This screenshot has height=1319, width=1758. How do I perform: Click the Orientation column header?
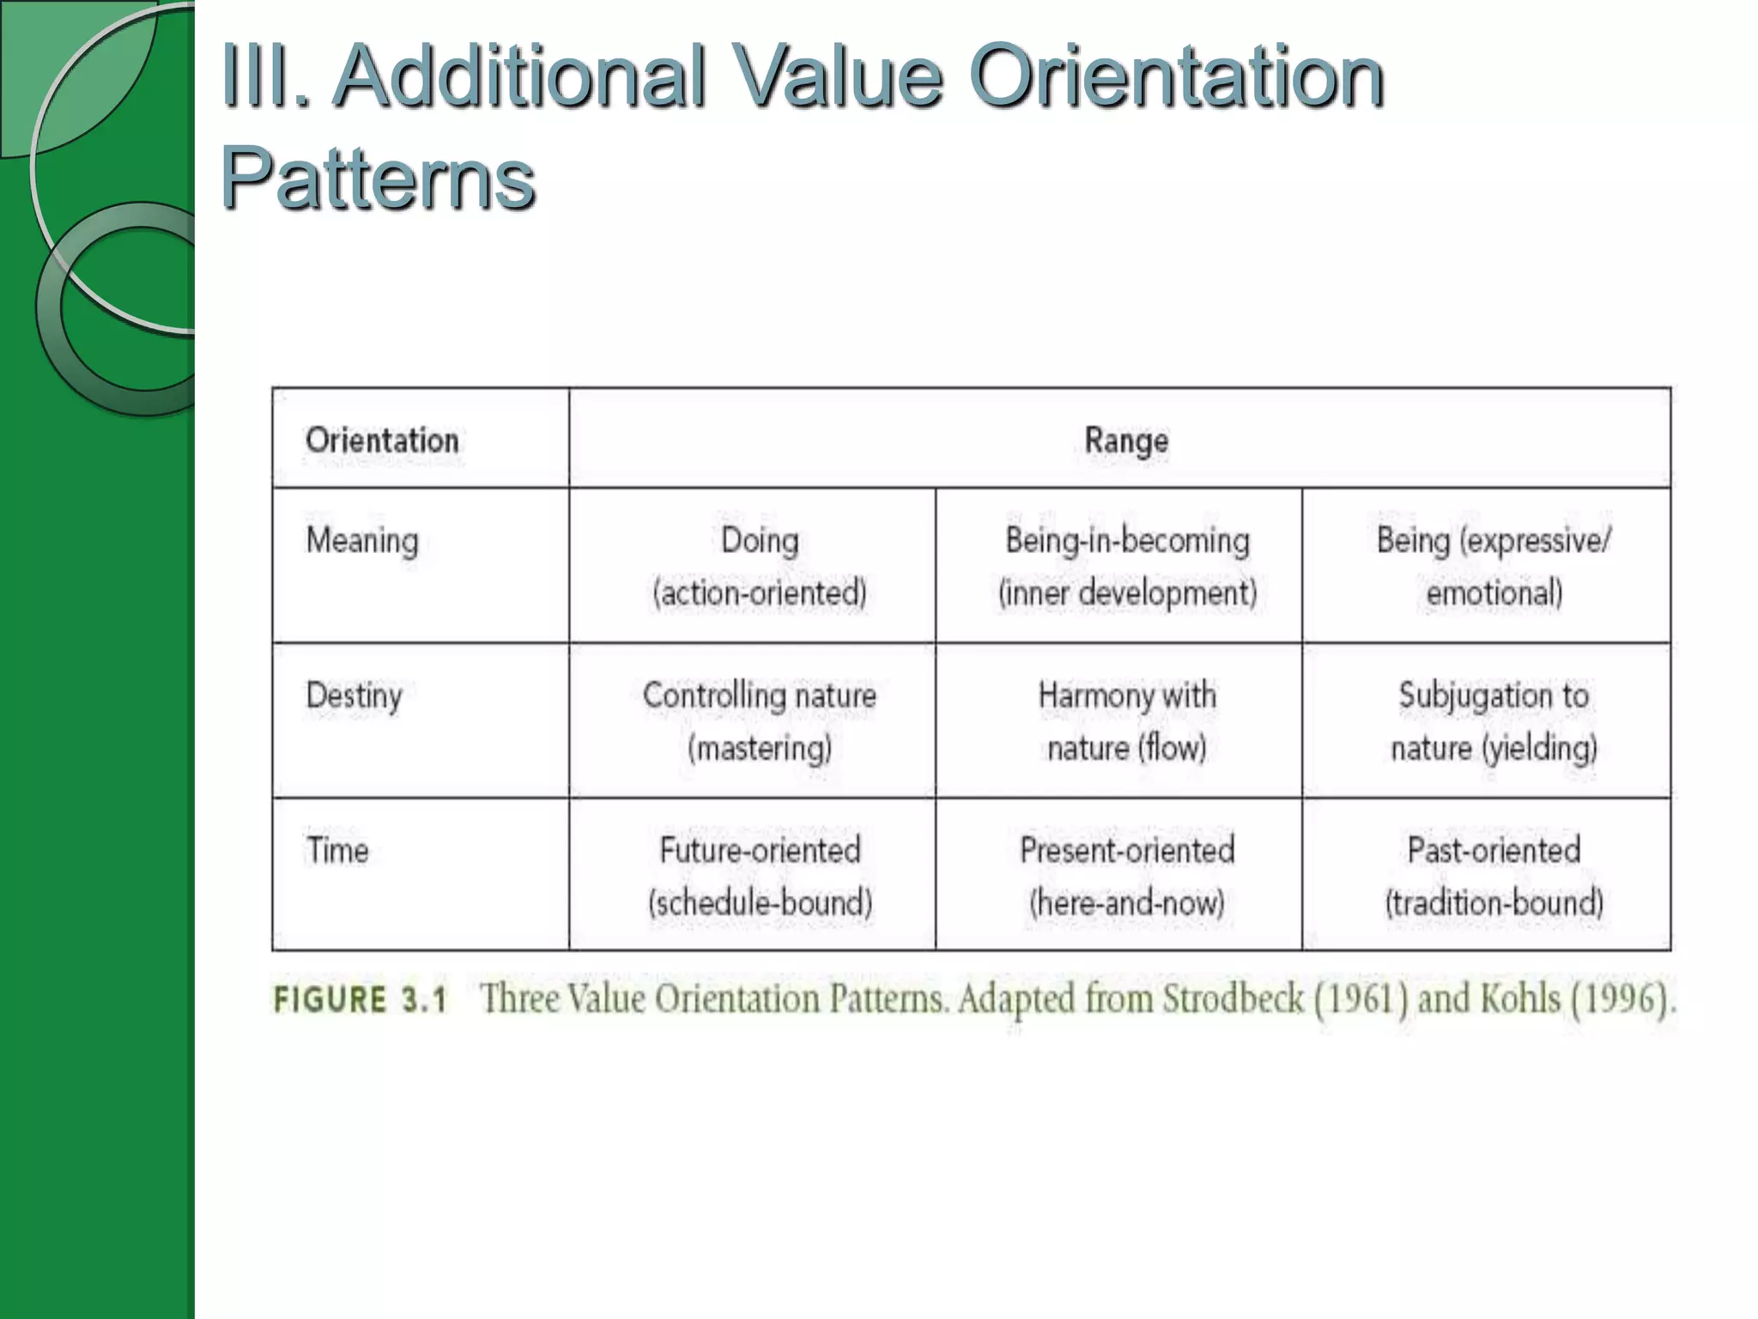(x=382, y=441)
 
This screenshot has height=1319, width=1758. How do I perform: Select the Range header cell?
(x=1125, y=441)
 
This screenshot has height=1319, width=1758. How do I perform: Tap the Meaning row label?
(x=362, y=541)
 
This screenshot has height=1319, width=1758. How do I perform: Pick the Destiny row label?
(x=354, y=696)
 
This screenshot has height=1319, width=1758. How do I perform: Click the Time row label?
(x=337, y=850)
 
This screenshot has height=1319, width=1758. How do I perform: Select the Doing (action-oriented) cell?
(x=760, y=566)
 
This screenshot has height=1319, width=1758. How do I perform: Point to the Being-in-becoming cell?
(x=1126, y=566)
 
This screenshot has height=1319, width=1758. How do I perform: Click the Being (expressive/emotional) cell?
(x=1493, y=566)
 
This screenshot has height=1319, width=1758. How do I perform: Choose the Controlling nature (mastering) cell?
(x=760, y=720)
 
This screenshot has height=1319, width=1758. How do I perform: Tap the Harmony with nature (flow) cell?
(x=1126, y=720)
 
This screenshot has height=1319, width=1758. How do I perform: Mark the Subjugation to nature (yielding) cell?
(x=1493, y=720)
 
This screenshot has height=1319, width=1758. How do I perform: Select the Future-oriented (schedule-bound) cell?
(x=760, y=875)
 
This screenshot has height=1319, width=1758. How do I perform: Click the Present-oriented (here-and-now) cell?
(x=1126, y=875)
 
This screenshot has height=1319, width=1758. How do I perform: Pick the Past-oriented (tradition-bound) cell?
(x=1493, y=875)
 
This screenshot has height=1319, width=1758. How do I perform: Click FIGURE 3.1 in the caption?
(x=360, y=1000)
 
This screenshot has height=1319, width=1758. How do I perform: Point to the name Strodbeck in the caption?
(x=1234, y=1000)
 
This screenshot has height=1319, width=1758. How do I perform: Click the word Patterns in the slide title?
(x=378, y=179)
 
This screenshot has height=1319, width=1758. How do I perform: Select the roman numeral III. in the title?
(x=264, y=77)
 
